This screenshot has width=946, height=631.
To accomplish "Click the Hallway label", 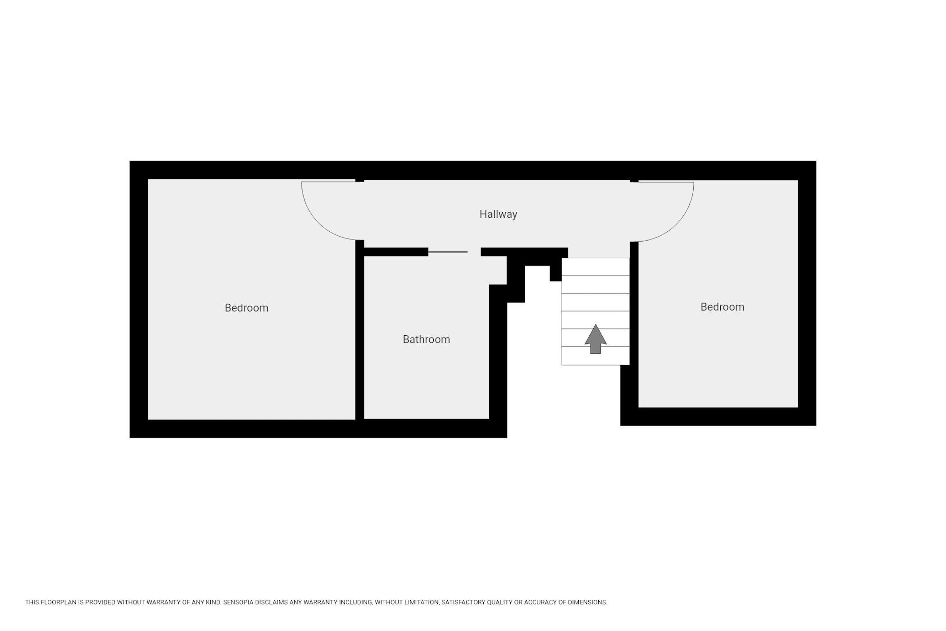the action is (x=498, y=215).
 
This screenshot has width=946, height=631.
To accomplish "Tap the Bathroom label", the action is (x=426, y=339).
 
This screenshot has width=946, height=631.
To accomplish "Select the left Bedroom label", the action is (x=246, y=308).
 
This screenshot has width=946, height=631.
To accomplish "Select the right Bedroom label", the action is (x=722, y=307).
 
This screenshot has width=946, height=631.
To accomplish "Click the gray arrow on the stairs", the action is (x=596, y=339).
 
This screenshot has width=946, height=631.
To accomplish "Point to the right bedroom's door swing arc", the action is (x=677, y=225).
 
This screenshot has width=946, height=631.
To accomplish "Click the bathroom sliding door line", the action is (x=447, y=252).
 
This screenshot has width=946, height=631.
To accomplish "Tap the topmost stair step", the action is (x=596, y=267).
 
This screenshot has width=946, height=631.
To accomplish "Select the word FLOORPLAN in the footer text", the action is (x=57, y=602).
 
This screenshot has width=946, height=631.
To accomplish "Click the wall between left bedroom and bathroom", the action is (x=359, y=329).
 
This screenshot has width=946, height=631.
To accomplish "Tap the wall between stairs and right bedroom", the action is (x=634, y=303).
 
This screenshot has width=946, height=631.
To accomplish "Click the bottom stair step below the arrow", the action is (x=596, y=356).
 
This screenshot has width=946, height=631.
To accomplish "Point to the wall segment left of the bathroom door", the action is (x=396, y=252).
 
